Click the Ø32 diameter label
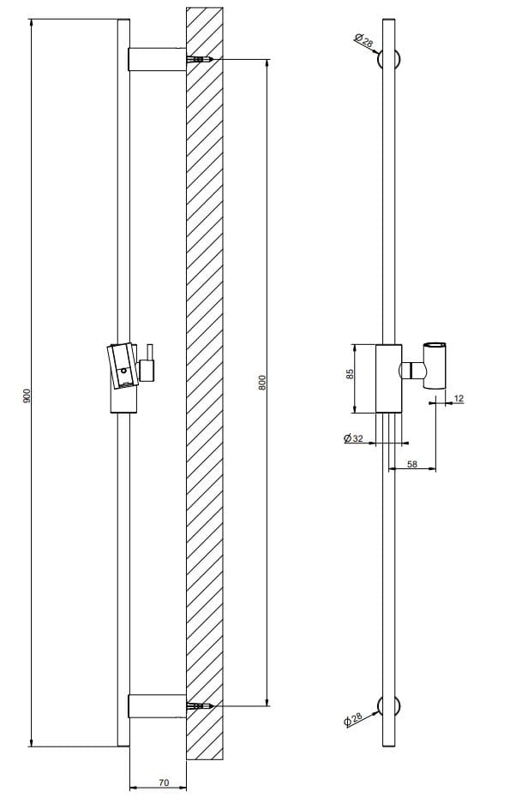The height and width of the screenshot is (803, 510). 352,438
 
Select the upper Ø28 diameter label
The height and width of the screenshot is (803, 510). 363,39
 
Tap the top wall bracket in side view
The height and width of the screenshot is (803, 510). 156,60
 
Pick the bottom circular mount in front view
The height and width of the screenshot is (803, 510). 392,705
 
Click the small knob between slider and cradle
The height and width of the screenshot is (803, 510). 414,371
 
